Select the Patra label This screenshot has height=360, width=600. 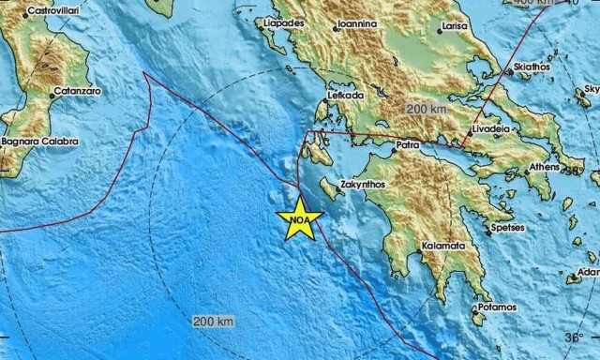coord(406,146)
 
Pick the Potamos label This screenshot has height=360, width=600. coord(496,307)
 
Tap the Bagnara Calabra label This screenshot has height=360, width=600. coord(39,142)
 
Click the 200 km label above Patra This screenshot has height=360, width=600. coord(427,110)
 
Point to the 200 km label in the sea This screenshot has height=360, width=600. coord(213,322)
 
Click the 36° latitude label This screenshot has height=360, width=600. coord(572,337)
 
